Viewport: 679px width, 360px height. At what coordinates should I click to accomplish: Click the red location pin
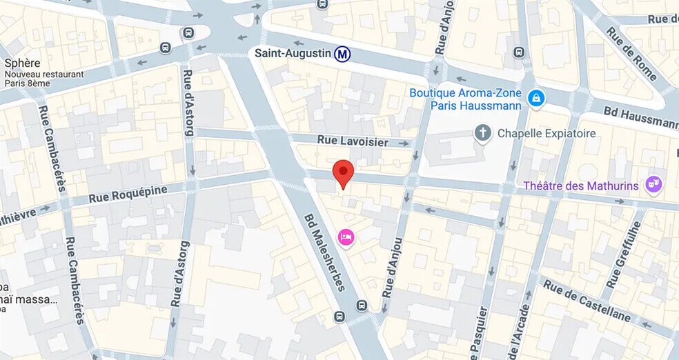[343, 172]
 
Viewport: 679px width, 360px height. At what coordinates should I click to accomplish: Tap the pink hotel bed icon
[346, 237]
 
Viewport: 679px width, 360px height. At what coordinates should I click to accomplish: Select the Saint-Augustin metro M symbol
[341, 53]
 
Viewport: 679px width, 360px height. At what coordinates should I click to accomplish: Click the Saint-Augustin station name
[293, 53]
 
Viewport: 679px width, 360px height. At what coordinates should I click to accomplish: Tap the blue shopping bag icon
[535, 99]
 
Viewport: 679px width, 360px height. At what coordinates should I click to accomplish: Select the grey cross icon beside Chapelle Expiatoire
[483, 133]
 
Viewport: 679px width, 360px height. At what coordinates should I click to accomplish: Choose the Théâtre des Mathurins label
[582, 186]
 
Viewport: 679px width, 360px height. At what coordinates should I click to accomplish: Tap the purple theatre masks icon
[653, 184]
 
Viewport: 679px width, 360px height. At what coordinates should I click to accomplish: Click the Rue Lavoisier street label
[353, 141]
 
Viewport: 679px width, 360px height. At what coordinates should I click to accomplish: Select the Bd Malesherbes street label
[324, 251]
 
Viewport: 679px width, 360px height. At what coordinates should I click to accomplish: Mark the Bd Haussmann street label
[640, 118]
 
